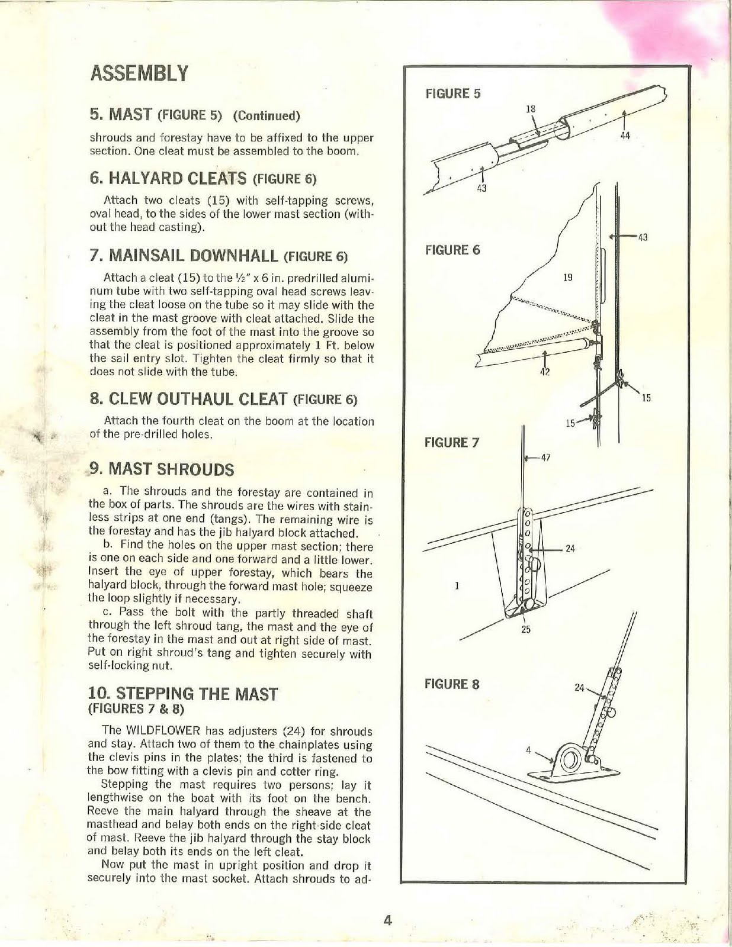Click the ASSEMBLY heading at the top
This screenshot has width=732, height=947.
coord(139,73)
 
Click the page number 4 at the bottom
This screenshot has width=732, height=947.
coord(389,920)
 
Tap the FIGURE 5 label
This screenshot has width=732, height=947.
coord(453,94)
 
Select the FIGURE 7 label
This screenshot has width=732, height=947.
coord(452,443)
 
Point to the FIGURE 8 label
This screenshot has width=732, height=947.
coord(452,684)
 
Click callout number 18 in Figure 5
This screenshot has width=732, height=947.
coord(531,109)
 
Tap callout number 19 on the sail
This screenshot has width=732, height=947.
coord(567,277)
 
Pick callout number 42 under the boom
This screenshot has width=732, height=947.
coord(545,372)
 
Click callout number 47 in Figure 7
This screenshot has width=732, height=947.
coord(545,458)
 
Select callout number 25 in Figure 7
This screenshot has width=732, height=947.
coord(525,630)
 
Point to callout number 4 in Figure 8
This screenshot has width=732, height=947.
coord(528,750)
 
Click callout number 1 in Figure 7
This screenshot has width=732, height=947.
coord(457,586)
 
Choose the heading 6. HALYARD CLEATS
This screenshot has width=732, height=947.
coord(168,178)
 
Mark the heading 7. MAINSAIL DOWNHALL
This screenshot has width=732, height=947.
coord(184,256)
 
